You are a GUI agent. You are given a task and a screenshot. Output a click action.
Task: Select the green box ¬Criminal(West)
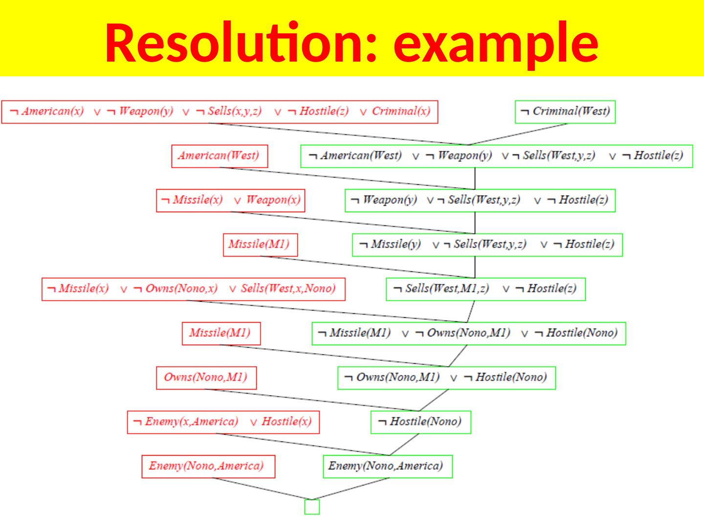pyautogui.click(x=565, y=111)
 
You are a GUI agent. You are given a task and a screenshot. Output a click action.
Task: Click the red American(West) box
pyautogui.click(x=219, y=156)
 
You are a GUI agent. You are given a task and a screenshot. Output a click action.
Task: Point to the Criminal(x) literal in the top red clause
pyautogui.click(x=400, y=111)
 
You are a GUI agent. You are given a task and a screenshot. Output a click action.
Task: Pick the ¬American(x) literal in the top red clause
pyautogui.click(x=47, y=111)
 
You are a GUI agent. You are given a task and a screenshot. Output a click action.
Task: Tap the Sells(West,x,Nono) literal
pyautogui.click(x=288, y=288)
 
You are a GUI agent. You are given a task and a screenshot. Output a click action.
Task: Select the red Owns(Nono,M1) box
pyautogui.click(x=206, y=377)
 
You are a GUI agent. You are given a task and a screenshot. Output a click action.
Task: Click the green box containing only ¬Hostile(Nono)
pyautogui.click(x=420, y=422)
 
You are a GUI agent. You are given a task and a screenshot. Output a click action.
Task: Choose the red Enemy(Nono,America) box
pyautogui.click(x=208, y=466)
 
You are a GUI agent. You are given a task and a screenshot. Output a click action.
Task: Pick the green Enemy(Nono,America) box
pyautogui.click(x=387, y=466)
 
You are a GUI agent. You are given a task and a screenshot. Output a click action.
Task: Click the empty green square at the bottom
pyautogui.click(x=312, y=507)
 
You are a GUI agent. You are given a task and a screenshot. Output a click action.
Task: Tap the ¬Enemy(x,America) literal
pyautogui.click(x=186, y=422)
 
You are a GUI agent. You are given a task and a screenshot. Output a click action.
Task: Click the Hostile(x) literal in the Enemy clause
pyautogui.click(x=286, y=422)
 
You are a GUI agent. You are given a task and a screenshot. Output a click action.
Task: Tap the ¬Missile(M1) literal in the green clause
pyautogui.click(x=354, y=333)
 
